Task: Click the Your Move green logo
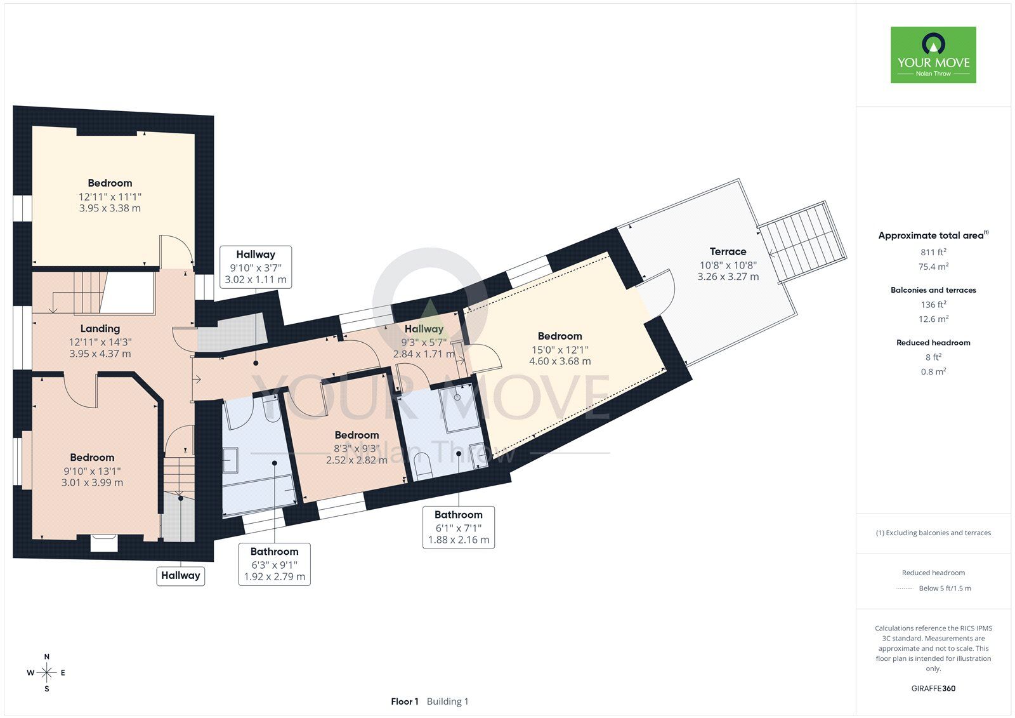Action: [933, 55]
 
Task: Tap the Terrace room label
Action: [728, 251]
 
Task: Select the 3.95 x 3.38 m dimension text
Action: [110, 208]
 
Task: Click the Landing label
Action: [100, 328]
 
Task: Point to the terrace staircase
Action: [803, 243]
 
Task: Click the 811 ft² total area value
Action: [933, 252]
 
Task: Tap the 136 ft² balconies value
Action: [933, 305]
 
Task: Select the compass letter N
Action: [47, 656]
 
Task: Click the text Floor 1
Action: [405, 701]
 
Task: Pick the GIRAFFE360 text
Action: [933, 688]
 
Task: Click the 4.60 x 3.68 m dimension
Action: [560, 361]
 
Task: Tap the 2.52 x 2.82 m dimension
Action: [357, 460]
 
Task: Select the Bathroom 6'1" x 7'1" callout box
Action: [459, 528]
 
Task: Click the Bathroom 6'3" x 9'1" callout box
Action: [275, 564]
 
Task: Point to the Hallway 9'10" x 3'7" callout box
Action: [256, 267]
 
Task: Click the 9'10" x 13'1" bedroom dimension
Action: [92, 471]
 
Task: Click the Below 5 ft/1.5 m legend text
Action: [945, 588]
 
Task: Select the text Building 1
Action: [447, 701]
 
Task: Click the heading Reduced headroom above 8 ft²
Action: [933, 343]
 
